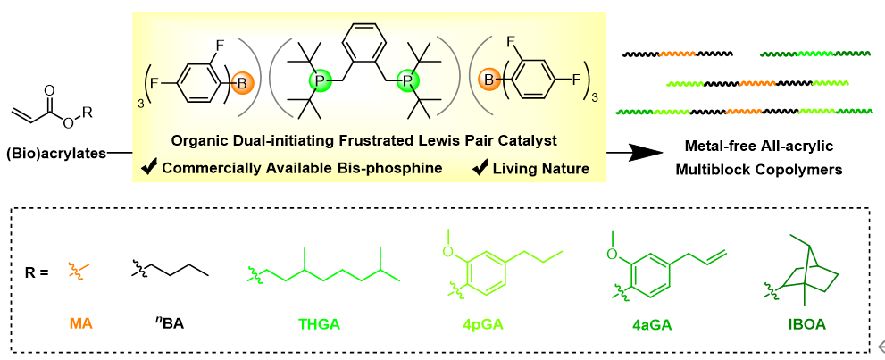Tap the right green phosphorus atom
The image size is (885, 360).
(x=407, y=83)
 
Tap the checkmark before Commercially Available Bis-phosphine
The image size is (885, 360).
(x=149, y=167)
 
